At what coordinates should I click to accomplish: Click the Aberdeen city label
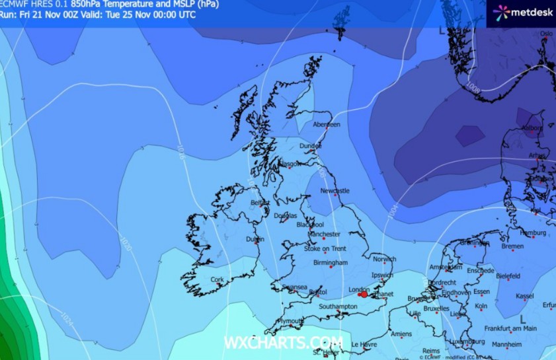click(x=327, y=124)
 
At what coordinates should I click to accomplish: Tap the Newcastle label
click(x=335, y=191)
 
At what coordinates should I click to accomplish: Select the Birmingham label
click(x=330, y=263)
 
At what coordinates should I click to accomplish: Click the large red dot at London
click(x=364, y=294)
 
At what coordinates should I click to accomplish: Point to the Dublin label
click(x=255, y=239)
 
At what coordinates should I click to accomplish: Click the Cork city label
click(x=217, y=279)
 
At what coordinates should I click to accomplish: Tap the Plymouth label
click(x=290, y=321)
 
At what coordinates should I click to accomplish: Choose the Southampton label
click(x=338, y=307)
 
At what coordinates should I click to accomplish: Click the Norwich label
click(x=384, y=259)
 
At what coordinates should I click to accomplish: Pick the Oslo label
click(x=546, y=33)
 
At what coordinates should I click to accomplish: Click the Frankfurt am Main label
click(x=510, y=328)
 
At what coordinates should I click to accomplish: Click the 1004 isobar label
click(x=394, y=209)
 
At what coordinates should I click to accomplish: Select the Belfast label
click(x=260, y=203)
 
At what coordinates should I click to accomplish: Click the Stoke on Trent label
click(x=325, y=248)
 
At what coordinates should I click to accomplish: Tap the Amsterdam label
click(x=445, y=268)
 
